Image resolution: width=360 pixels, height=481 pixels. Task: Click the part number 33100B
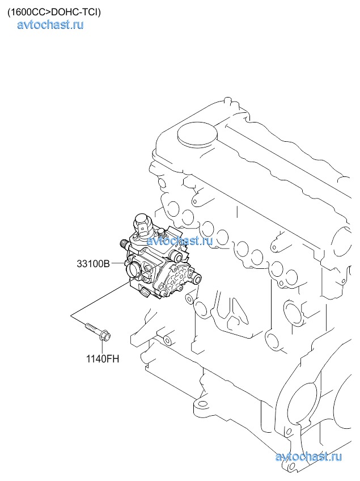(x=93, y=263)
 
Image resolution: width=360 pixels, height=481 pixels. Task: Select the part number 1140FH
(x=102, y=358)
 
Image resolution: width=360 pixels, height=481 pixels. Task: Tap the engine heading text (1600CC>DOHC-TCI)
(x=54, y=12)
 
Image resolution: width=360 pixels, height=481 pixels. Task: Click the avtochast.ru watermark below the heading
(x=50, y=25)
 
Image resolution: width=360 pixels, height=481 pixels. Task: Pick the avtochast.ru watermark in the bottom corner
(x=308, y=457)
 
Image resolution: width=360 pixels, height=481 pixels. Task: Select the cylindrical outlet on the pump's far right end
(x=196, y=279)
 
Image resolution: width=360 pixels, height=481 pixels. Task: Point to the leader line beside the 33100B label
(x=118, y=263)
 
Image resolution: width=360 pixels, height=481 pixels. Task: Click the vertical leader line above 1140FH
(x=102, y=347)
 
